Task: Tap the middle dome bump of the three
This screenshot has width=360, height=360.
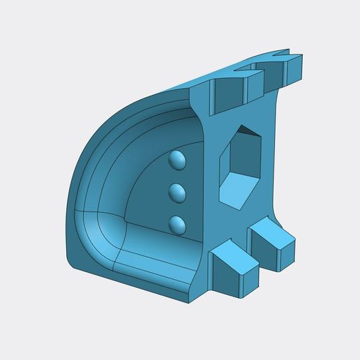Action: [178, 192]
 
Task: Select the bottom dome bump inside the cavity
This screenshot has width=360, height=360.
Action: [178, 224]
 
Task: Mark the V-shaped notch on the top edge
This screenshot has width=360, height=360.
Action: [283, 52]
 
